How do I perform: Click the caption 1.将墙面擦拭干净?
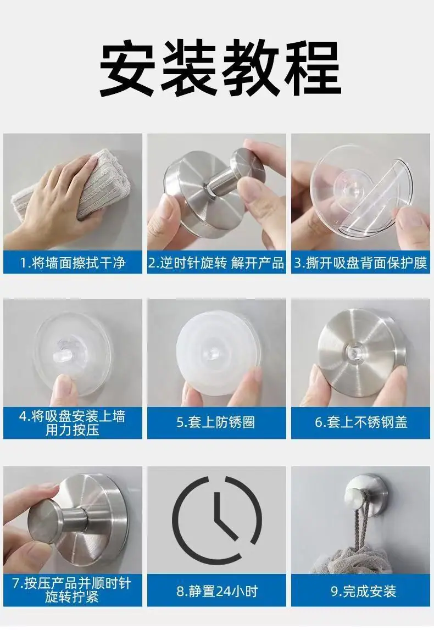(x=73, y=263)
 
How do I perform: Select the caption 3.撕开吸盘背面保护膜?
(x=360, y=263)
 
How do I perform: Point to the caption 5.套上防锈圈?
(x=216, y=422)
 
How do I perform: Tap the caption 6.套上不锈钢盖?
(x=361, y=422)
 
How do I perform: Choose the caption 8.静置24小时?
(x=216, y=591)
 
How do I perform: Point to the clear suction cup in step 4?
(x=73, y=354)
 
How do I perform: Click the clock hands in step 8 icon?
(x=225, y=519)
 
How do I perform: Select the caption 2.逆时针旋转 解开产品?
(x=216, y=263)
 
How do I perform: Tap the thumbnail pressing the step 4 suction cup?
(x=64, y=388)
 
